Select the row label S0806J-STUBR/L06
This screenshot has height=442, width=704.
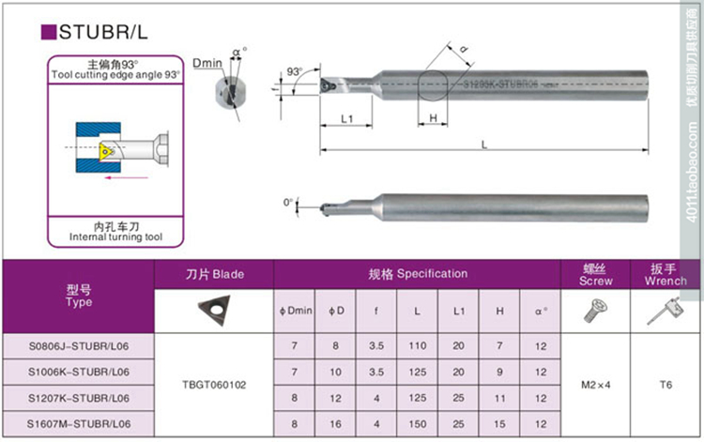pyautogui.click(x=79, y=346)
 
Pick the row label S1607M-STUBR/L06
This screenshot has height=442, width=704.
pyautogui.click(x=79, y=425)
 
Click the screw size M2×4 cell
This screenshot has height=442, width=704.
pyautogui.click(x=595, y=385)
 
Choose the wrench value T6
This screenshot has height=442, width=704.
pyautogui.click(x=666, y=385)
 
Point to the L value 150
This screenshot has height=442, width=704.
pyautogui.click(x=417, y=425)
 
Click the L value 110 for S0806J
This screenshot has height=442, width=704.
pyautogui.click(x=417, y=346)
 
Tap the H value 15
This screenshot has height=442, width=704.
pyautogui.click(x=499, y=425)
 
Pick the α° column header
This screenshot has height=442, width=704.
pyautogui.click(x=541, y=311)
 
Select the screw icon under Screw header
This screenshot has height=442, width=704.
pyautogui.click(x=595, y=311)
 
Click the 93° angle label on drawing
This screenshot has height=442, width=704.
pyautogui.click(x=295, y=71)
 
